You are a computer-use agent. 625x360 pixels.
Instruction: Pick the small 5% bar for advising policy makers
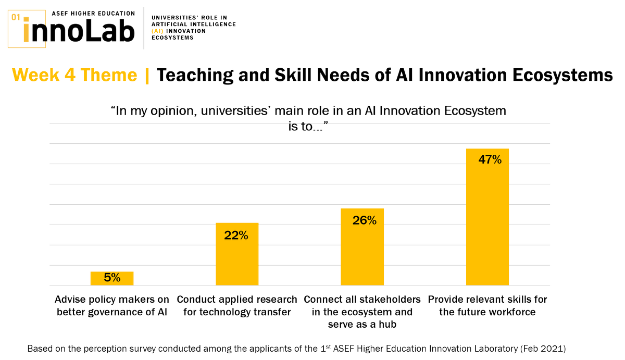coord(112,278)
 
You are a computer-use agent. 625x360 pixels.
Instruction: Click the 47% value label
coord(490,160)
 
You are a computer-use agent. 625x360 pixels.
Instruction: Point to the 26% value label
coord(364,220)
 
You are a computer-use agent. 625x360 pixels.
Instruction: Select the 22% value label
coord(236,235)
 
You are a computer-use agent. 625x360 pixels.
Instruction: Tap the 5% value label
coord(112,278)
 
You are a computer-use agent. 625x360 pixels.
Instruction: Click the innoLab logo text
coord(78,31)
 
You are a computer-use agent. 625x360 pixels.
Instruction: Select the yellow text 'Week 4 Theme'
coord(74,76)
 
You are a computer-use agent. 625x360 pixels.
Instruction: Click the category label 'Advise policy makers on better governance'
coord(112,306)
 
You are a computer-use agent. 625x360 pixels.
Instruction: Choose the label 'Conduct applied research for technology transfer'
coord(237,306)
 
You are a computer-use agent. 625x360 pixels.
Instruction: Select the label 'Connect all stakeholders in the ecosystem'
coord(362,312)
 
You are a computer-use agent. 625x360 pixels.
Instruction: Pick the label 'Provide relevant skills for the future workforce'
coord(487,306)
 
